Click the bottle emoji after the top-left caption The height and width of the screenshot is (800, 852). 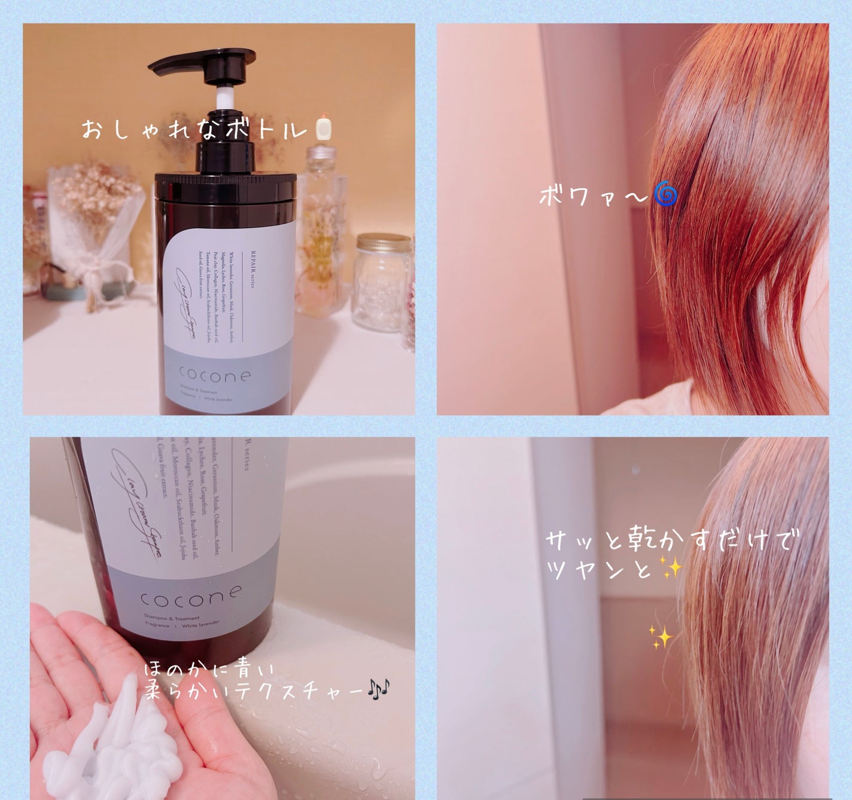point(324,127)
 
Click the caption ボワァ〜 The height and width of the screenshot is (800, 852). point(592,196)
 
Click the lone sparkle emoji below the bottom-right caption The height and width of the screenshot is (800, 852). point(661,638)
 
